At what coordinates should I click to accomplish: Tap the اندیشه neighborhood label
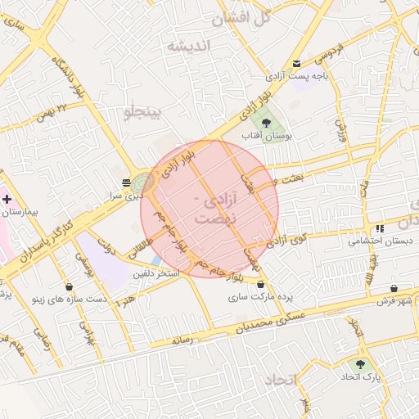click(189, 46)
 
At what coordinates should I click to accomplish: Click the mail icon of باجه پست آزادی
click(296, 63)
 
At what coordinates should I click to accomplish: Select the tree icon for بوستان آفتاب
click(266, 122)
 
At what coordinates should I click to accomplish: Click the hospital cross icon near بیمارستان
click(7, 199)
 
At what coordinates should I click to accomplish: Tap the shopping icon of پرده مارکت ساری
click(260, 286)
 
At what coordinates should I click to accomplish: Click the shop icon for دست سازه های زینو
click(68, 286)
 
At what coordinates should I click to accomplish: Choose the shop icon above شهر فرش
click(395, 288)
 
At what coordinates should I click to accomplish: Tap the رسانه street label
click(182, 338)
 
